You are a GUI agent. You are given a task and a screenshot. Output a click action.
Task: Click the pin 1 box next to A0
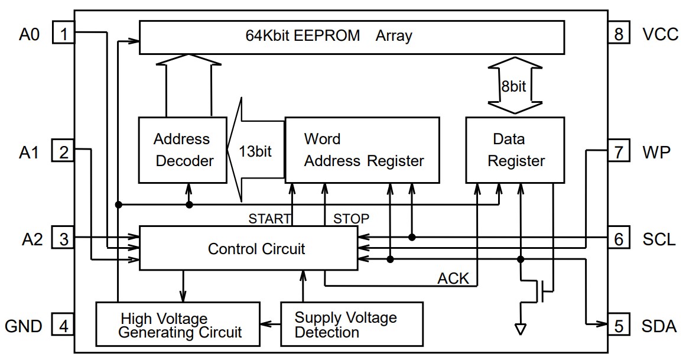tap(63, 33)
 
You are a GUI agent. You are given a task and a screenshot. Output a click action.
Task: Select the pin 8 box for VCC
tap(618, 33)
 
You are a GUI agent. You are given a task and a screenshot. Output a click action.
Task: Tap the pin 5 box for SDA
tap(618, 325)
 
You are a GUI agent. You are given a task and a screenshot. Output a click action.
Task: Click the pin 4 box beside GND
tap(63, 325)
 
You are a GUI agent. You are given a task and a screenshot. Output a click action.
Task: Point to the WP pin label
tap(656, 153)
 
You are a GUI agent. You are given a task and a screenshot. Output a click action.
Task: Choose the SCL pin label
tap(659, 239)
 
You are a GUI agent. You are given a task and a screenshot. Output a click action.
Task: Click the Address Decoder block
tap(183, 150)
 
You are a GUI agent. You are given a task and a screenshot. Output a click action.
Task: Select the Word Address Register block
tap(362, 150)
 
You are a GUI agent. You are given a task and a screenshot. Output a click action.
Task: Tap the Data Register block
tap(515, 150)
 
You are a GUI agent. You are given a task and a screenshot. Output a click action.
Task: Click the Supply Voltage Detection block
tap(352, 325)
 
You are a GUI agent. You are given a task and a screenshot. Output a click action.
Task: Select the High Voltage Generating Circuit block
tap(178, 325)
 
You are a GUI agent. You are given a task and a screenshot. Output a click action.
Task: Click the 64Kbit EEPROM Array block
tap(351, 37)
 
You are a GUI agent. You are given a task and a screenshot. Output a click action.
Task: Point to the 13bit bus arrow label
tap(255, 151)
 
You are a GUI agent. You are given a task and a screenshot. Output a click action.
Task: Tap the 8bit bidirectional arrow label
tap(513, 86)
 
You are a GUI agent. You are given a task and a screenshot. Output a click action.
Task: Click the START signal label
tap(269, 219)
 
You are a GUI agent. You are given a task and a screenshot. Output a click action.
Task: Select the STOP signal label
tap(351, 219)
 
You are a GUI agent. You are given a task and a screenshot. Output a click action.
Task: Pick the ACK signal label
tap(453, 278)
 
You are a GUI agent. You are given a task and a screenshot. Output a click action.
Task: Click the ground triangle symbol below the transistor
tap(521, 329)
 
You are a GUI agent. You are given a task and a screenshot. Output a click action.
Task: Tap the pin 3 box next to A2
tap(63, 239)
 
